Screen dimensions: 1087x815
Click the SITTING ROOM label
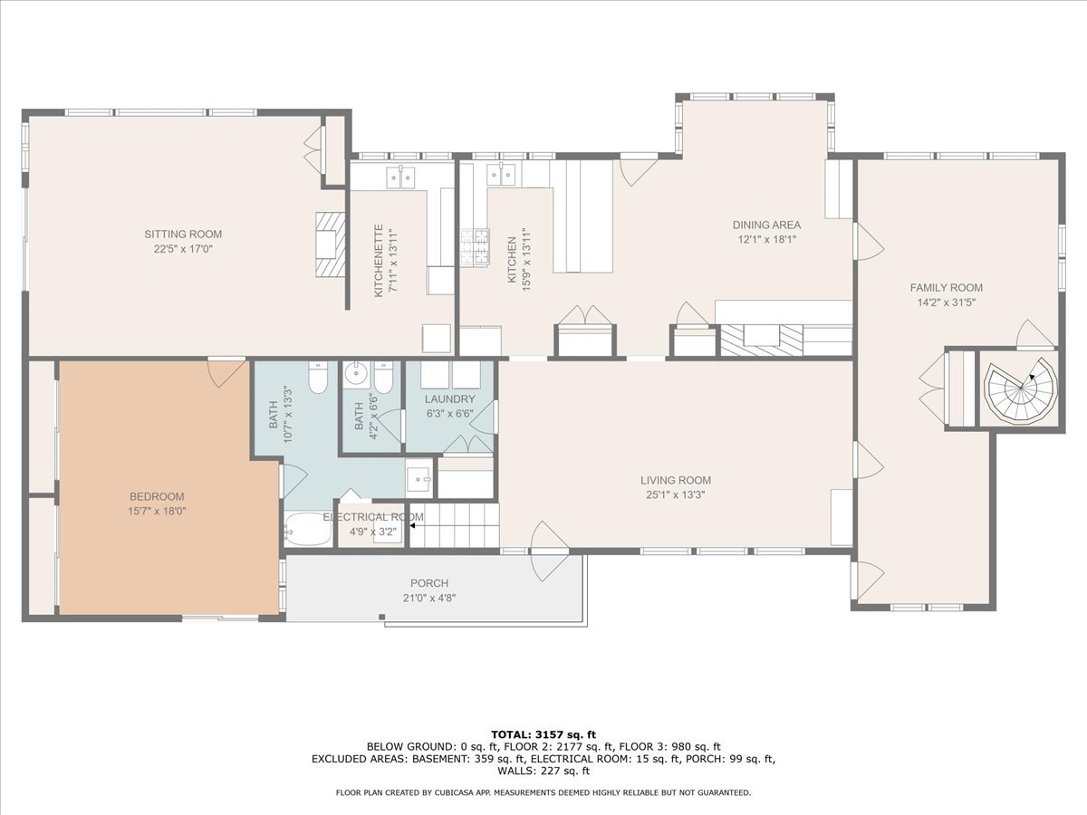(x=183, y=234)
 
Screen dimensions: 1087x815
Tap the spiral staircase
(x=1020, y=390)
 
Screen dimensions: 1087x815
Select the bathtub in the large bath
(x=307, y=529)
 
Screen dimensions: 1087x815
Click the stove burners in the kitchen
(x=475, y=246)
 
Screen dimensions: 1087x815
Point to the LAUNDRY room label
(x=449, y=398)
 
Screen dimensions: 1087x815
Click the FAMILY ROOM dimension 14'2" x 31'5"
(x=947, y=302)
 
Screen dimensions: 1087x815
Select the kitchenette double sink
(x=400, y=177)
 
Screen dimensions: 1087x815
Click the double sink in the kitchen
(x=501, y=174)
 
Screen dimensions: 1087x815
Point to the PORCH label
(x=429, y=583)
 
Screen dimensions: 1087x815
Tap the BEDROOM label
(x=157, y=496)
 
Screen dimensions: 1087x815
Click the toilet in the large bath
(x=317, y=377)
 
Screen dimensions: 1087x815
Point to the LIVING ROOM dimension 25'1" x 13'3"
(x=676, y=494)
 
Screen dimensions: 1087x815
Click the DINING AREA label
(x=766, y=225)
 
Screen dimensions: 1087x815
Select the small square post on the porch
(x=382, y=617)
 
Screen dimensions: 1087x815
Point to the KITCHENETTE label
(x=379, y=261)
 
